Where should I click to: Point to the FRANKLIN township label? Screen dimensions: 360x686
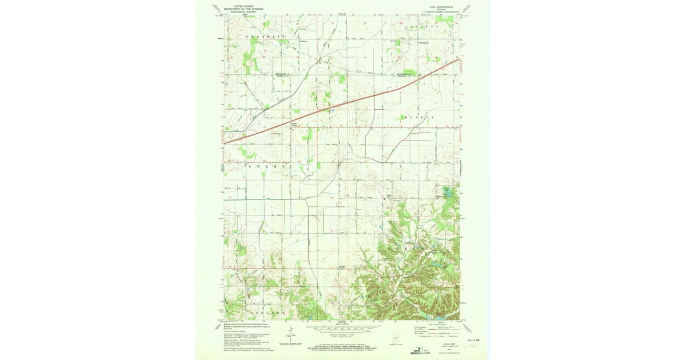click(266, 37)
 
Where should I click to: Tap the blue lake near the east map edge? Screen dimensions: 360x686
click(448, 192)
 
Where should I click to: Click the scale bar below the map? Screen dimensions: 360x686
click(343, 329)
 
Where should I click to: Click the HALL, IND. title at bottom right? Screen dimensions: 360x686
click(440, 345)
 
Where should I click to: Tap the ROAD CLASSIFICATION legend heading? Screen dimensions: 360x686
click(434, 323)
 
